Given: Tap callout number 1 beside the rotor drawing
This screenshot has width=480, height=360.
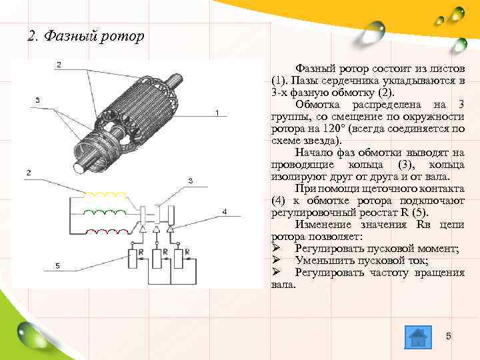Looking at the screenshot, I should pos(217,113).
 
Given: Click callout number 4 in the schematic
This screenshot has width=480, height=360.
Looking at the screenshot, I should pos(225,211).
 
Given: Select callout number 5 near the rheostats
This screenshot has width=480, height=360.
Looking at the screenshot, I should pos(58,265).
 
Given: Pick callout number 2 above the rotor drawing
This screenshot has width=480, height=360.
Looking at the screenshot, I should pos(59,65).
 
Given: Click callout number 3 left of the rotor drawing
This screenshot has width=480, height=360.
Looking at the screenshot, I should pos(37,100).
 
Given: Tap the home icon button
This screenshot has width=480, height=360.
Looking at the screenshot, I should pos(417,337).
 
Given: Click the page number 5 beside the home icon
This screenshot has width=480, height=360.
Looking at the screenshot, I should pos(449,337).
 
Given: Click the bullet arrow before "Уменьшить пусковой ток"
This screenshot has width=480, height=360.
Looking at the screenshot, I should pos(277,261).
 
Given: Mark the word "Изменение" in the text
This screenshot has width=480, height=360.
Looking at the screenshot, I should pos(322,225).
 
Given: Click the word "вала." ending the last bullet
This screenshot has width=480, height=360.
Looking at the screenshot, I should pos(283,285).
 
